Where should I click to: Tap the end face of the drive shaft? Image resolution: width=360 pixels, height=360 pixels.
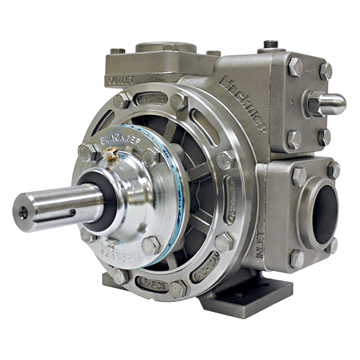pos(23,211)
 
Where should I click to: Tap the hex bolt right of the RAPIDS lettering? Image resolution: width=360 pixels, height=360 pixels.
pos(178,289)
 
